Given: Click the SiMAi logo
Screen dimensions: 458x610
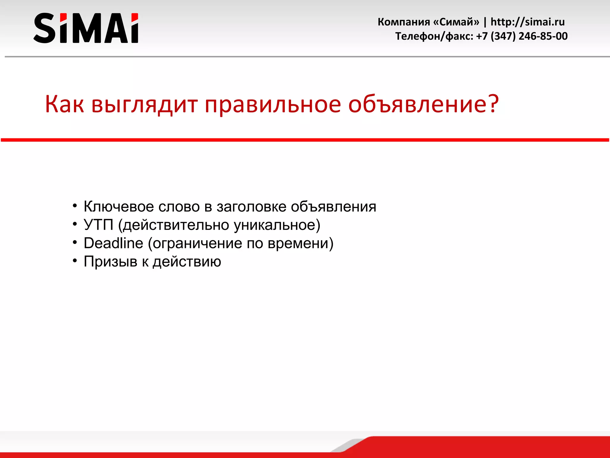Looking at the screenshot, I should click(x=86, y=28).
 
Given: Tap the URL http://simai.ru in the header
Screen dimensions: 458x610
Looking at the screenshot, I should click(x=527, y=22).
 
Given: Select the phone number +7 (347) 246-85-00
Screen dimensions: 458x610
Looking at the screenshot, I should click(x=522, y=36).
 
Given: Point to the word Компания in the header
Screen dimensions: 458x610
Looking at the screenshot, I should click(x=404, y=22).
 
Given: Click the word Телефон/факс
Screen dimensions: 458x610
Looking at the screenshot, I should click(x=434, y=36).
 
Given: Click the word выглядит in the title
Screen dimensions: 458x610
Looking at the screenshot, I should click(x=144, y=105).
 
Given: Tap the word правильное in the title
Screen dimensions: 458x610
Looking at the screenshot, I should click(x=273, y=105).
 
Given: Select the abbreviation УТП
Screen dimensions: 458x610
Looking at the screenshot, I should click(x=99, y=225).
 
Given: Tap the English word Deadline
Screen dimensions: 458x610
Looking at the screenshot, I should click(x=113, y=243).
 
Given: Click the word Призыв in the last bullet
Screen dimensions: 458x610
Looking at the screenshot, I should click(x=110, y=262).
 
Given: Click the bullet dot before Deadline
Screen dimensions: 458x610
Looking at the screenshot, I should click(x=75, y=242).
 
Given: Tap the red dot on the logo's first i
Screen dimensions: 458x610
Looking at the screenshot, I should click(x=63, y=18).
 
